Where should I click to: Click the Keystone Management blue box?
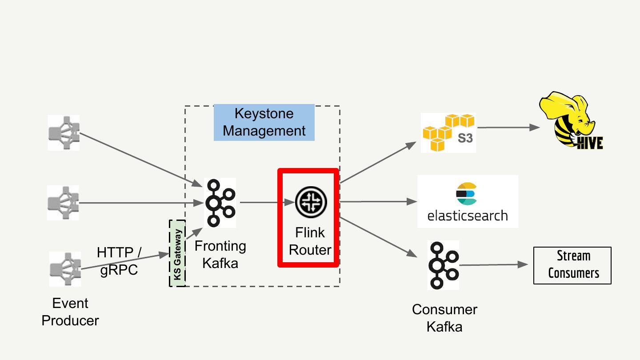pyautogui.click(x=264, y=122)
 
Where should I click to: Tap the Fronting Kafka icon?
pyautogui.click(x=220, y=203)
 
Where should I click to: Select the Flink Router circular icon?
pyautogui.click(x=311, y=202)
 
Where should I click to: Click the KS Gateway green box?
pyautogui.click(x=177, y=253)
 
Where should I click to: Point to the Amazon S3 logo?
pyautogui.click(x=448, y=132)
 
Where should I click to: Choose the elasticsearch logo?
pyautogui.click(x=468, y=201)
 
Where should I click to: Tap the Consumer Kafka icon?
pyautogui.click(x=444, y=265)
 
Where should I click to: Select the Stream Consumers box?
pyautogui.click(x=572, y=265)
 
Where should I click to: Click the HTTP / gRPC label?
pyautogui.click(x=119, y=261)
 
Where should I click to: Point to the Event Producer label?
pyautogui.click(x=70, y=312)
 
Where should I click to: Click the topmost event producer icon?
pyautogui.click(x=64, y=132)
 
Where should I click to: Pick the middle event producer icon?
pyautogui.click(x=63, y=203)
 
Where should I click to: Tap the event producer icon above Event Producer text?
pyautogui.click(x=65, y=269)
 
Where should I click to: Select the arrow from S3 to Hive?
pyautogui.click(x=508, y=128)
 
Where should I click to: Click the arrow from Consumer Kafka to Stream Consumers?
pyautogui.click(x=493, y=265)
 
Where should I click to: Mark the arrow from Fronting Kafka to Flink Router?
pyautogui.click(x=268, y=202)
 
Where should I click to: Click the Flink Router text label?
pyautogui.click(x=310, y=241)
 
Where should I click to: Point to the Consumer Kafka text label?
pyautogui.click(x=444, y=318)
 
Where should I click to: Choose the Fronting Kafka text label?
pyautogui.click(x=220, y=254)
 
